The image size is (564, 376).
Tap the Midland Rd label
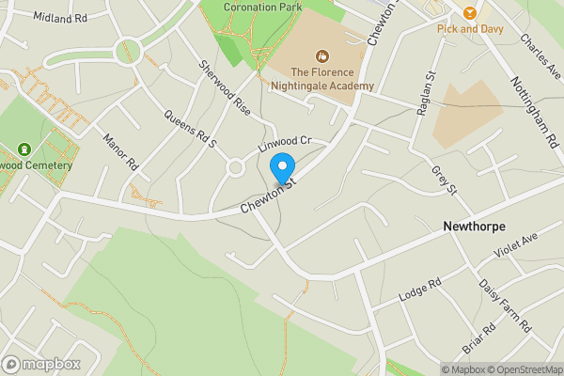(59, 17)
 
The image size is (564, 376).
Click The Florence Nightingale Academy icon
(322, 55)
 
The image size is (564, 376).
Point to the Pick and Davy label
(470, 29)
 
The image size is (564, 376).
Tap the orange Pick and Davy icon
(469, 12)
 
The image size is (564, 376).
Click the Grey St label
(444, 180)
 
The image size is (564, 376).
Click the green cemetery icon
(23, 149)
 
